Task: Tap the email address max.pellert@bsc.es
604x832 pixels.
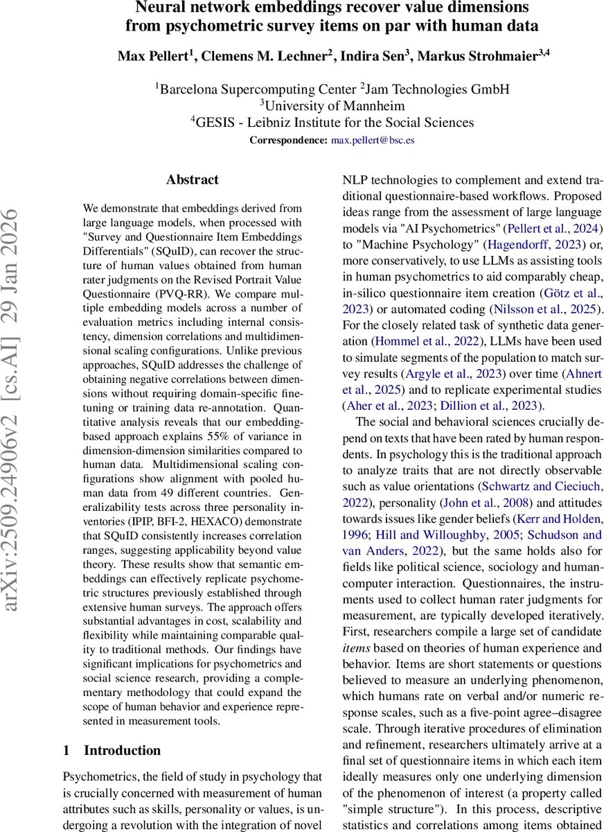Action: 373,140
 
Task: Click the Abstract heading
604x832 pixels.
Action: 192,180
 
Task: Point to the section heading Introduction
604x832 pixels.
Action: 122,750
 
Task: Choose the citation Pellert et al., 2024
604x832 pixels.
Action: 553,228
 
